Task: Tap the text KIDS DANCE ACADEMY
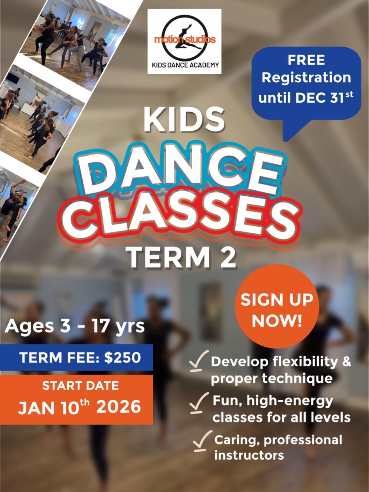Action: click(184, 65)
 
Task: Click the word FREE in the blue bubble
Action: click(306, 60)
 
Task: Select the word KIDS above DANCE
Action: click(184, 120)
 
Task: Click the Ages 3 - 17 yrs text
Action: click(75, 326)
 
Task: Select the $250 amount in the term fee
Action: click(123, 357)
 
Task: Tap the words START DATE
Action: click(80, 386)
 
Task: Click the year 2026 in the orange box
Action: click(118, 407)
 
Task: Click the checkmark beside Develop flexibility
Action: click(199, 362)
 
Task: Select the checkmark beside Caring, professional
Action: click(202, 440)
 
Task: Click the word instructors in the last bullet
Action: click(249, 456)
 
